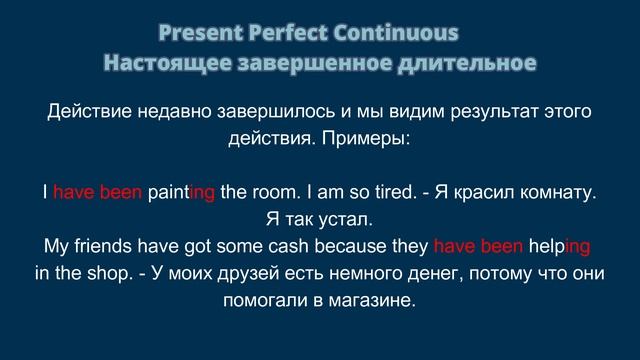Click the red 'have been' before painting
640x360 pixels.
[97, 192]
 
